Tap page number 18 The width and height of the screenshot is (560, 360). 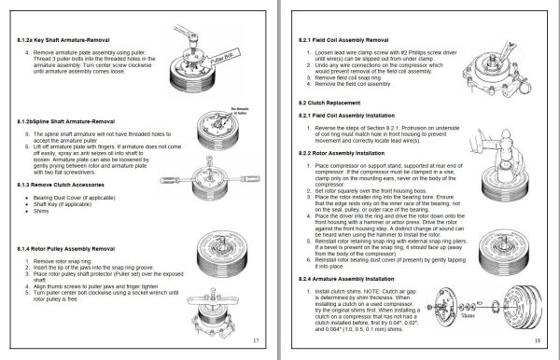[540, 341]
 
